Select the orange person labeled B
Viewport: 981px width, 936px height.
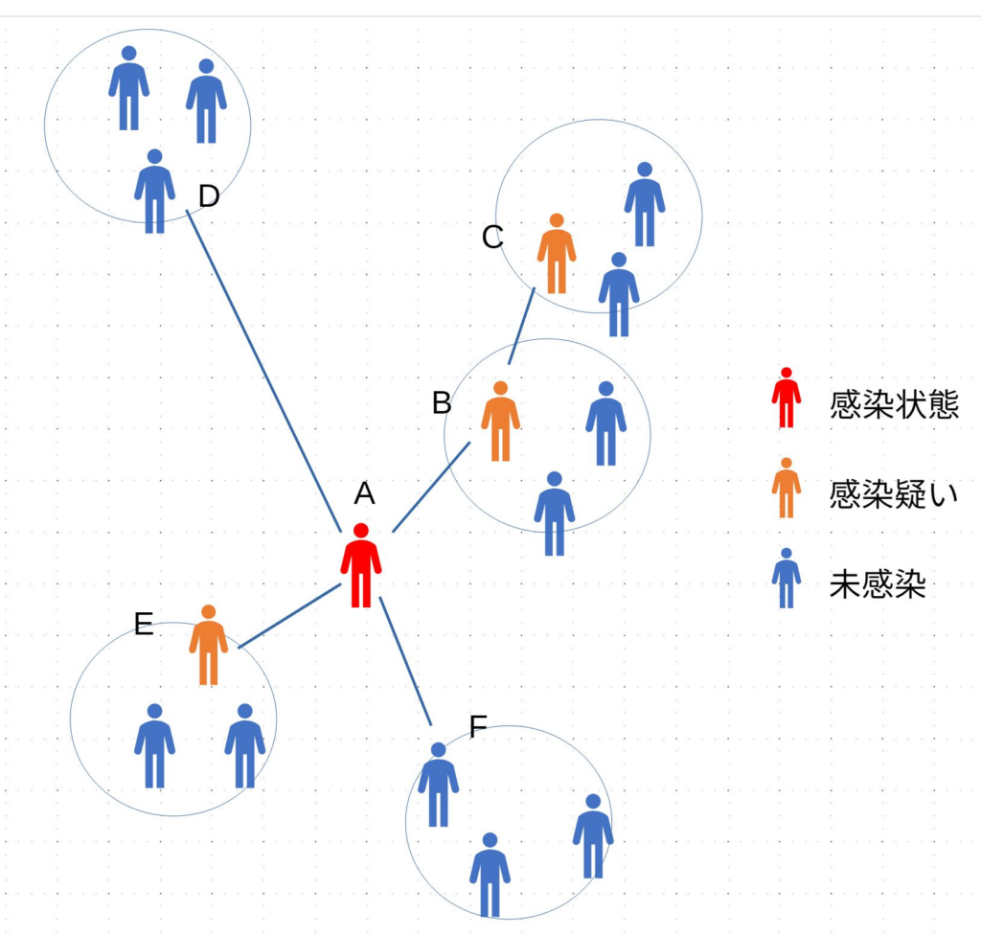click(x=500, y=422)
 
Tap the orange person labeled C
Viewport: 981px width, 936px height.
click(x=557, y=255)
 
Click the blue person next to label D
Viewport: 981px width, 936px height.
click(x=154, y=192)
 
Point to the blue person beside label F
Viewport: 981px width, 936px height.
click(x=438, y=786)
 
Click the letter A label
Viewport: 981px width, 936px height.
click(x=364, y=493)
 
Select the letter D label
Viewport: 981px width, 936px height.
click(x=209, y=196)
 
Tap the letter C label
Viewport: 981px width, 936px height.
click(x=492, y=237)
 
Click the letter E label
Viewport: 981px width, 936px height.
click(x=144, y=625)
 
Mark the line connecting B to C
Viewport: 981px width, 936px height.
click(x=521, y=326)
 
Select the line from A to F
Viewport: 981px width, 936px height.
click(x=406, y=661)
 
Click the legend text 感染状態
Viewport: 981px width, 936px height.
click(x=894, y=405)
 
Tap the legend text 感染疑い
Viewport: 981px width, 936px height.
click(x=894, y=494)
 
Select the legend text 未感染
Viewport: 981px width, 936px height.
click(x=878, y=584)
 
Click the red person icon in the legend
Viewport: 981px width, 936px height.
click(x=786, y=399)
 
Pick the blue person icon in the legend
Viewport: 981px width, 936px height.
click(x=786, y=579)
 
